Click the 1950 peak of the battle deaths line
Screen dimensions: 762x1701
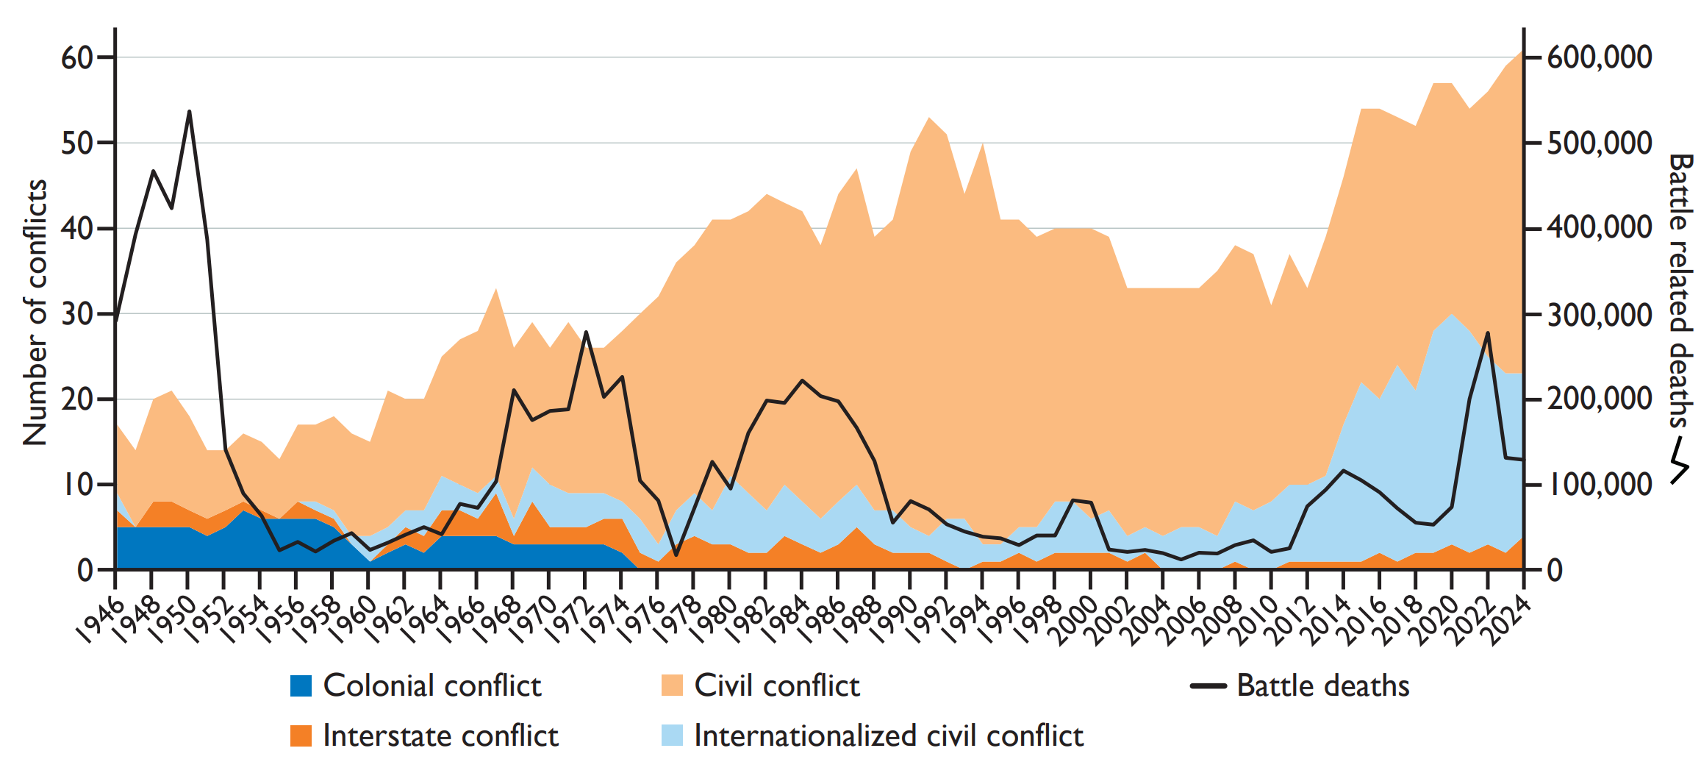(x=189, y=112)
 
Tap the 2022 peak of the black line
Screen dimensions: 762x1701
(x=1488, y=333)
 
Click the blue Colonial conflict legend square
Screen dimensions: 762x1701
(x=301, y=686)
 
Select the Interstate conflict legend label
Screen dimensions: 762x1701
(x=440, y=736)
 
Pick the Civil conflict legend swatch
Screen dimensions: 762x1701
(x=672, y=686)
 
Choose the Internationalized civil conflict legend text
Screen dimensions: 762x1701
(x=888, y=736)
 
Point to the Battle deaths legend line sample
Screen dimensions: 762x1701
(x=1208, y=686)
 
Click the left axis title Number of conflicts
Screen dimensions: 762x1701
(x=35, y=313)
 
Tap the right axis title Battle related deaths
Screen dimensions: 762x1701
(x=1680, y=291)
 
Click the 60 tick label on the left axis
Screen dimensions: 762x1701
(x=77, y=57)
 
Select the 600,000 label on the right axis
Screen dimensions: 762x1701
(x=1600, y=57)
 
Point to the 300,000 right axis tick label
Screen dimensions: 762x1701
(x=1600, y=314)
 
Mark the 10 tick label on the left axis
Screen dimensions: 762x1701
(x=77, y=485)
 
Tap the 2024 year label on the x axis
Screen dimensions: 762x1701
(x=1508, y=622)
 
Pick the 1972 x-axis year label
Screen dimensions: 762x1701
(x=570, y=622)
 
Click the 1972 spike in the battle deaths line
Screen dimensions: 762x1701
(x=586, y=332)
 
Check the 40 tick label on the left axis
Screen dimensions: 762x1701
(x=77, y=229)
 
